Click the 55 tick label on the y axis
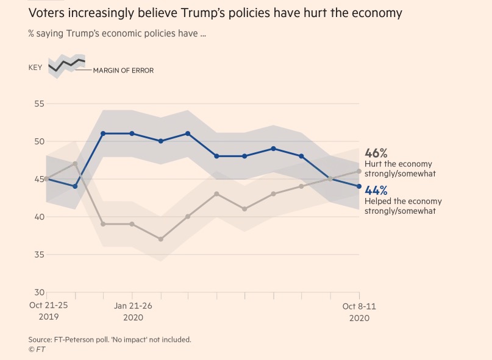click(39, 104)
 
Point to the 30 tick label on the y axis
click(39, 292)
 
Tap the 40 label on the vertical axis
click(39, 217)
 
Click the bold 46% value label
click(376, 153)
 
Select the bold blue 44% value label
click(376, 190)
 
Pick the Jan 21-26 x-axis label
click(133, 306)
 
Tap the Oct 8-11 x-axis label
click(359, 306)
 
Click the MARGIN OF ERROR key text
click(123, 71)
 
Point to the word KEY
click(35, 67)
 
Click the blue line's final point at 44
click(359, 186)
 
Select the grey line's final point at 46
click(359, 171)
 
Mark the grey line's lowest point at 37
click(160, 239)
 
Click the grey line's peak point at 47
click(75, 164)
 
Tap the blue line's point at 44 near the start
click(75, 186)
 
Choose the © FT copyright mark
click(37, 349)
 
